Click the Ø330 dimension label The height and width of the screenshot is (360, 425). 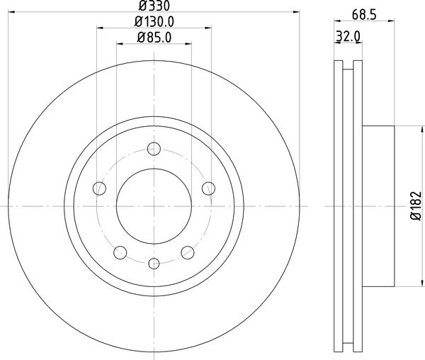[x=154, y=7]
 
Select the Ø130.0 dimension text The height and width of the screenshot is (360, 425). [x=154, y=22]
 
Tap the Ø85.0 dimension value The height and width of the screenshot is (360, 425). [x=154, y=38]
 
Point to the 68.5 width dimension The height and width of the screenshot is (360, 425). [x=363, y=13]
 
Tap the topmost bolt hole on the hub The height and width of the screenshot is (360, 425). [x=154, y=149]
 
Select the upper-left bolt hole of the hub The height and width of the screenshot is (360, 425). [x=100, y=189]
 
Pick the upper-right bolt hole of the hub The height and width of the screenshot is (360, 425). [x=208, y=189]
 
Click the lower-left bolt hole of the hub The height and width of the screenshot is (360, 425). [x=120, y=252]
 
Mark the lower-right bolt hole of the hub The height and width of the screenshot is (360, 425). [x=188, y=252]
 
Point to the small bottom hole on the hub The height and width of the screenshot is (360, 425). [x=154, y=264]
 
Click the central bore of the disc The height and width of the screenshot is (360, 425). [x=154, y=206]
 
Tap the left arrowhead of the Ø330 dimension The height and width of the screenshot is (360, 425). [x=11, y=13]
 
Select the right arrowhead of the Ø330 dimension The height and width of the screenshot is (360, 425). [x=297, y=13]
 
